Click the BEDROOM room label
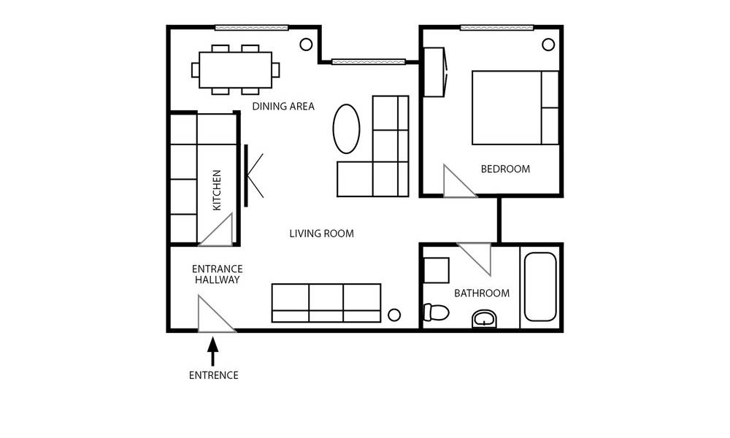click(x=505, y=169)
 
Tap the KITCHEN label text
click(x=217, y=190)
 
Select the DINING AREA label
click(x=283, y=107)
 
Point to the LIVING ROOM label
click(x=322, y=234)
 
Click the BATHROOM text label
click(x=482, y=293)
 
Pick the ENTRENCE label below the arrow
click(x=214, y=375)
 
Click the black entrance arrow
click(x=212, y=351)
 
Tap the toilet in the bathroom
click(x=436, y=312)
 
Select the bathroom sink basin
click(x=485, y=319)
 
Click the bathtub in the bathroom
click(x=540, y=287)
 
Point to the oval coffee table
click(x=346, y=129)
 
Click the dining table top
click(x=236, y=70)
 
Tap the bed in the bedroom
click(x=515, y=107)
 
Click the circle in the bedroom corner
click(x=548, y=45)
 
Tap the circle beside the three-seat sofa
click(x=394, y=315)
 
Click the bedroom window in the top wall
click(x=496, y=28)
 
